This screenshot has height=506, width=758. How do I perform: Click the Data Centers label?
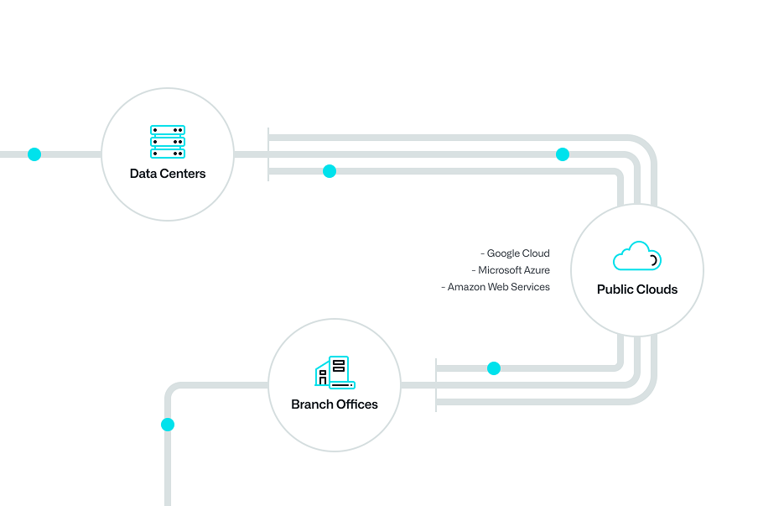[168, 174]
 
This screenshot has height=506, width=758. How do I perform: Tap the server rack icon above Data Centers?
[168, 142]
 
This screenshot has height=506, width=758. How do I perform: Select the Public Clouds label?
[637, 290]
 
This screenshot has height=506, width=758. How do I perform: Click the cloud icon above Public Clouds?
[637, 256]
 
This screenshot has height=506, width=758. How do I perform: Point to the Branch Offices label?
[335, 404]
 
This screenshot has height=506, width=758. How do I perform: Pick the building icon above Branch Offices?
[335, 372]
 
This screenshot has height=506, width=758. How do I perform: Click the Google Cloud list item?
[516, 253]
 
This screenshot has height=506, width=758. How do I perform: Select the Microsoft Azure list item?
[511, 270]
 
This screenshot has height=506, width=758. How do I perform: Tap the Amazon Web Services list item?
[496, 287]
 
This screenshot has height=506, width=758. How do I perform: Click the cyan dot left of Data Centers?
[34, 154]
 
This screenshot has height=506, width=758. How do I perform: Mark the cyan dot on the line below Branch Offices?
[168, 425]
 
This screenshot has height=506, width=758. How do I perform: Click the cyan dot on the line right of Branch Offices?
[494, 368]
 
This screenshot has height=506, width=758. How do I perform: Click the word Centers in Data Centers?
[184, 174]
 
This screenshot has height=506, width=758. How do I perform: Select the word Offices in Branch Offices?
[357, 404]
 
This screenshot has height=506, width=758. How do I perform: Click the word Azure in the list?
[537, 270]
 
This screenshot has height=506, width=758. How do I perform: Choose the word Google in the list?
[503, 253]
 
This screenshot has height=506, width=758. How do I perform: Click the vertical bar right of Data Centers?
[268, 154]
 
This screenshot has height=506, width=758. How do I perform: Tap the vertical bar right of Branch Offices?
[436, 385]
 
